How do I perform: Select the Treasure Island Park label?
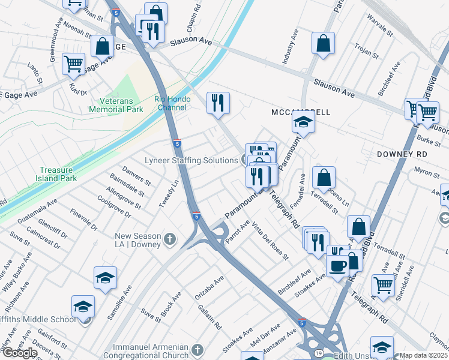(x=59, y=174)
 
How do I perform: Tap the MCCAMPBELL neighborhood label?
(x=300, y=112)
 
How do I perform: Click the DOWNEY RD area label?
(x=402, y=154)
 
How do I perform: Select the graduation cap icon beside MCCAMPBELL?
(x=304, y=122)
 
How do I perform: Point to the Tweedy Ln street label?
(x=169, y=193)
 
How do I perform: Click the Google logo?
(x=19, y=353)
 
